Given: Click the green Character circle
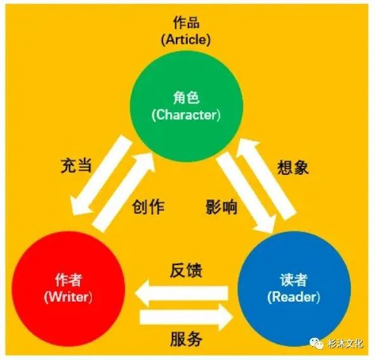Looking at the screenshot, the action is pyautogui.click(x=187, y=106).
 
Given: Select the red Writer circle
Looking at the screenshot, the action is pyautogui.click(x=69, y=288).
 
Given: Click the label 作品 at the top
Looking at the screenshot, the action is pyautogui.click(x=186, y=23).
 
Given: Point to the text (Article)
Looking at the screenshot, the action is pyautogui.click(x=186, y=39).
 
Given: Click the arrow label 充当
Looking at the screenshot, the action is pyautogui.click(x=76, y=165).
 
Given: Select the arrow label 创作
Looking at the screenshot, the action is pyautogui.click(x=148, y=207).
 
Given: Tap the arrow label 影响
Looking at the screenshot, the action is pyautogui.click(x=221, y=207).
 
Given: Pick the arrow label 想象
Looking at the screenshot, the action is pyautogui.click(x=293, y=167).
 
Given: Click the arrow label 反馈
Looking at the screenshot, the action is pyautogui.click(x=186, y=271).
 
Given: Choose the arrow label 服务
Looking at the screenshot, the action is pyautogui.click(x=186, y=339).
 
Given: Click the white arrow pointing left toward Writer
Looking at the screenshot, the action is pyautogui.click(x=181, y=293).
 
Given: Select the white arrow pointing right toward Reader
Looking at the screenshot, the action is pyautogui.click(x=187, y=318).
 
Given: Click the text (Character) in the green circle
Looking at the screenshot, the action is pyautogui.click(x=186, y=115).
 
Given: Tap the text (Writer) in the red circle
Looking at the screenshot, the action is pyautogui.click(x=68, y=297).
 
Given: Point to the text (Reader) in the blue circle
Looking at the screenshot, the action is pyautogui.click(x=293, y=297).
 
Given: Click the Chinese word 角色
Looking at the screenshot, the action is pyautogui.click(x=186, y=98).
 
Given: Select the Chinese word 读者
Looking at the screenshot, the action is pyautogui.click(x=293, y=280).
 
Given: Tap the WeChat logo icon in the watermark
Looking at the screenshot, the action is pyautogui.click(x=317, y=344).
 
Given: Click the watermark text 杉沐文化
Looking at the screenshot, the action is pyautogui.click(x=345, y=344).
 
